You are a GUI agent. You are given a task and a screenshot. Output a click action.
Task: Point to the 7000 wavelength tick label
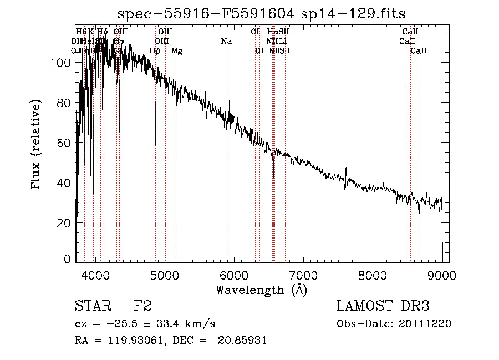(303, 275)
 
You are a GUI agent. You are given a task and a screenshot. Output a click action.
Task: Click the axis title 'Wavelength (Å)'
(261, 290)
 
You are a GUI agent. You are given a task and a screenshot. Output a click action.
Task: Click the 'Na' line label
(226, 41)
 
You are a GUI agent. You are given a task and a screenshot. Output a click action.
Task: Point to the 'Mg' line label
(176, 51)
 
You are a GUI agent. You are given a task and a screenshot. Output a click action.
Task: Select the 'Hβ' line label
(155, 51)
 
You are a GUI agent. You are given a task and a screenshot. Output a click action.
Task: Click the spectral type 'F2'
(142, 306)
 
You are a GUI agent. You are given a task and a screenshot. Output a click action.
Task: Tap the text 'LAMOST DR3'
(383, 306)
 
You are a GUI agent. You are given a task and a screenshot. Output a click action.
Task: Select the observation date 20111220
(424, 324)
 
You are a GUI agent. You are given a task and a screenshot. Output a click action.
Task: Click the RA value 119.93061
(134, 341)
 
